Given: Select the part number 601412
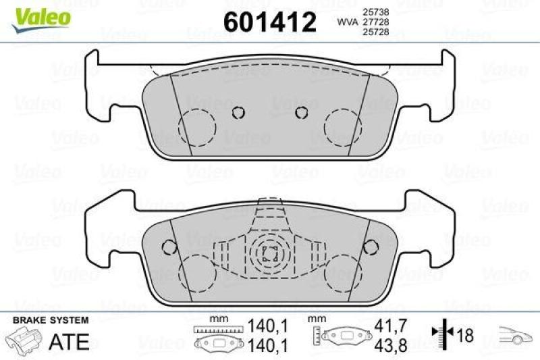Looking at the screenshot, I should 269,23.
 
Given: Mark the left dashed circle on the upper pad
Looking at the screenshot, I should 196,126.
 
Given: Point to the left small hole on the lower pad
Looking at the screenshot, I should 170,247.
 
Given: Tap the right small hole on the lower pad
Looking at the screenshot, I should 370,247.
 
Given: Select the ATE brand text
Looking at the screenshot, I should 70,341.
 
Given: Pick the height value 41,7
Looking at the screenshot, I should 390,326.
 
